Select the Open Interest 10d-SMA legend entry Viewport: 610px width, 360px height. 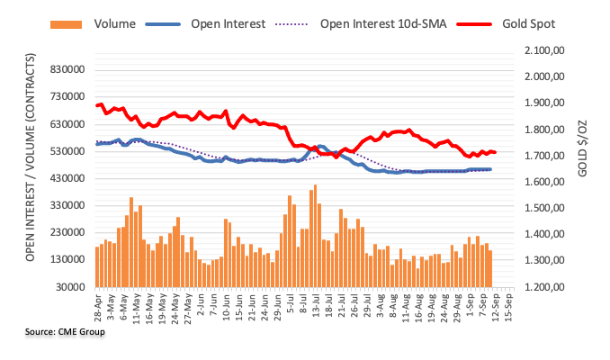(x=406, y=23)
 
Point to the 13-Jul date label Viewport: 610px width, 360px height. (x=316, y=306)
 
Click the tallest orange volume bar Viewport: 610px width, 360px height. (x=315, y=225)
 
